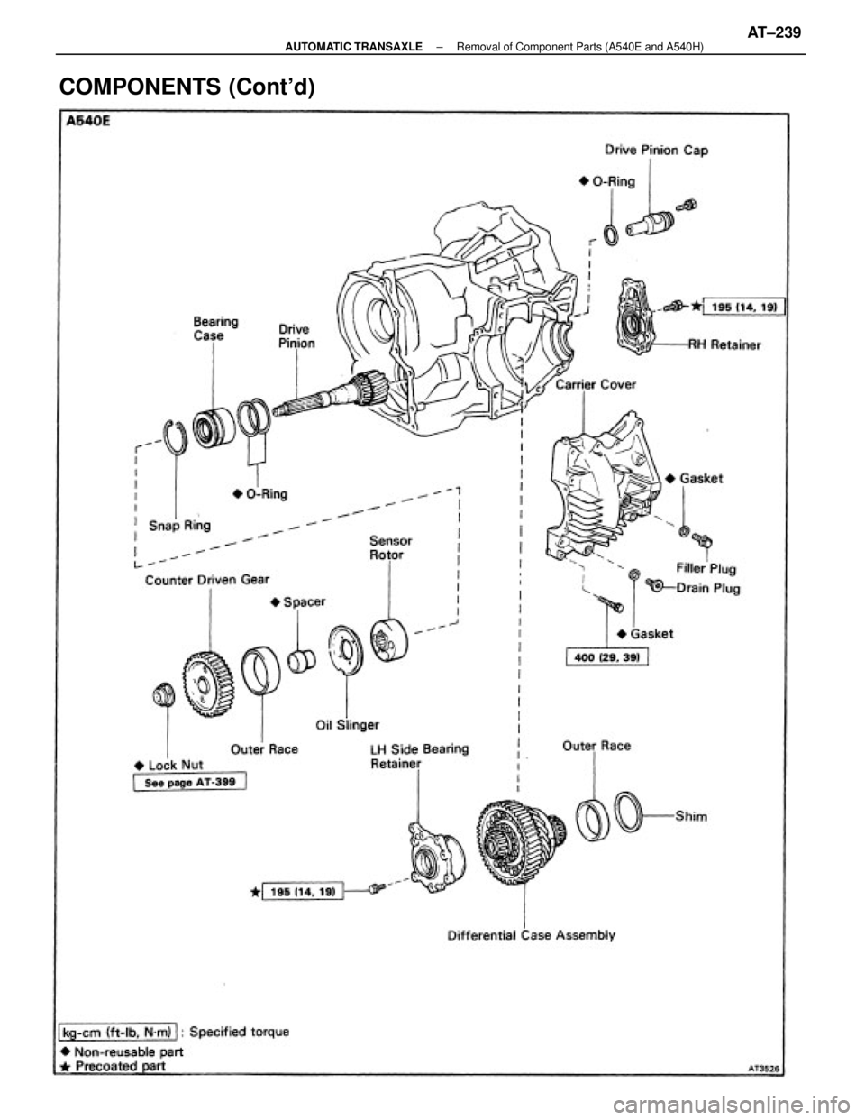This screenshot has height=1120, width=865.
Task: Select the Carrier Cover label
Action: tap(596, 385)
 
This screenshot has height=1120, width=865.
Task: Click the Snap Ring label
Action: tap(178, 526)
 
